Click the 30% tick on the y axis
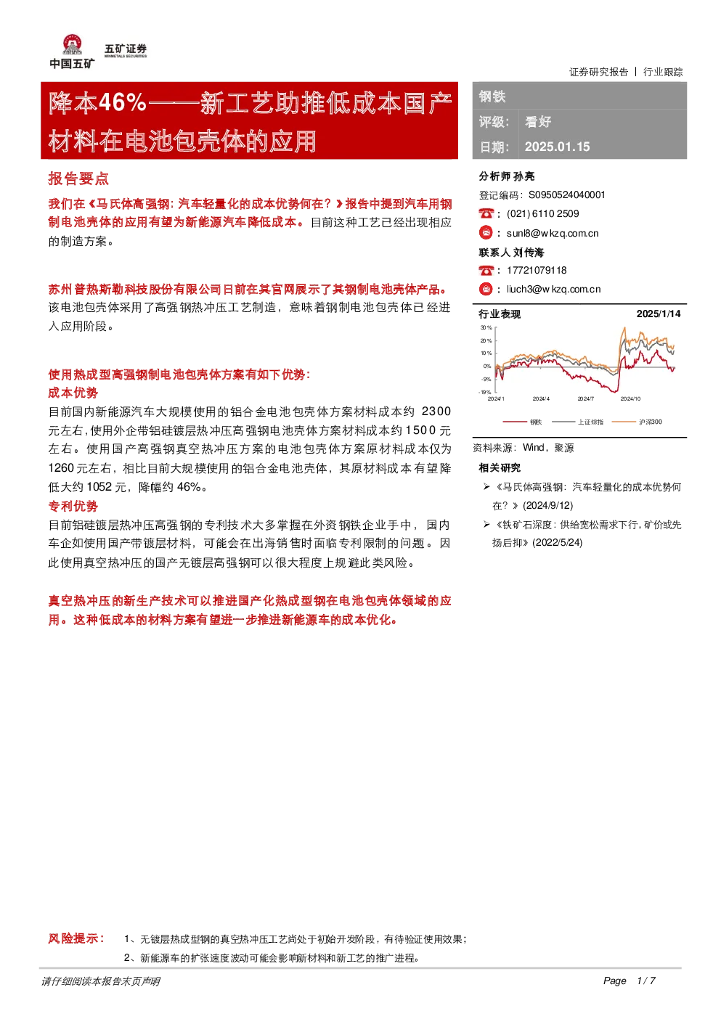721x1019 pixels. [x=486, y=327]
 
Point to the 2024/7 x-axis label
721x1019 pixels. [x=585, y=399]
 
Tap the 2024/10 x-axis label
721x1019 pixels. [x=630, y=399]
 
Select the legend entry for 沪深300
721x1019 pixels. [x=638, y=422]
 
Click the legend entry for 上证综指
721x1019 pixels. [x=578, y=422]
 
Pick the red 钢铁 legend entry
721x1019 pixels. [x=523, y=422]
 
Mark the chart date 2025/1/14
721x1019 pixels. [x=658, y=314]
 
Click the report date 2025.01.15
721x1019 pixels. [x=557, y=147]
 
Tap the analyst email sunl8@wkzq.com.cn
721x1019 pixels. [x=553, y=234]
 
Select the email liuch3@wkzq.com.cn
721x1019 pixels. [x=553, y=290]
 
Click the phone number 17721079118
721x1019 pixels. [x=537, y=270]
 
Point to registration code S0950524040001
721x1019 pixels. [x=566, y=195]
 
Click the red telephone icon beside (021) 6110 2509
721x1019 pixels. [x=486, y=213]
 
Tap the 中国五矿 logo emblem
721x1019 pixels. [x=73, y=44]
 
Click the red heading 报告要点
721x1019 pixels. [x=78, y=179]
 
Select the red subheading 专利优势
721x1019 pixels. [x=73, y=506]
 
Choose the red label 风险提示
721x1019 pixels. [x=76, y=938]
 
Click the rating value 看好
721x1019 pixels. [x=538, y=122]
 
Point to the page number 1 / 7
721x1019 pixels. [x=646, y=981]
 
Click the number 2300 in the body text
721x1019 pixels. [x=436, y=412]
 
